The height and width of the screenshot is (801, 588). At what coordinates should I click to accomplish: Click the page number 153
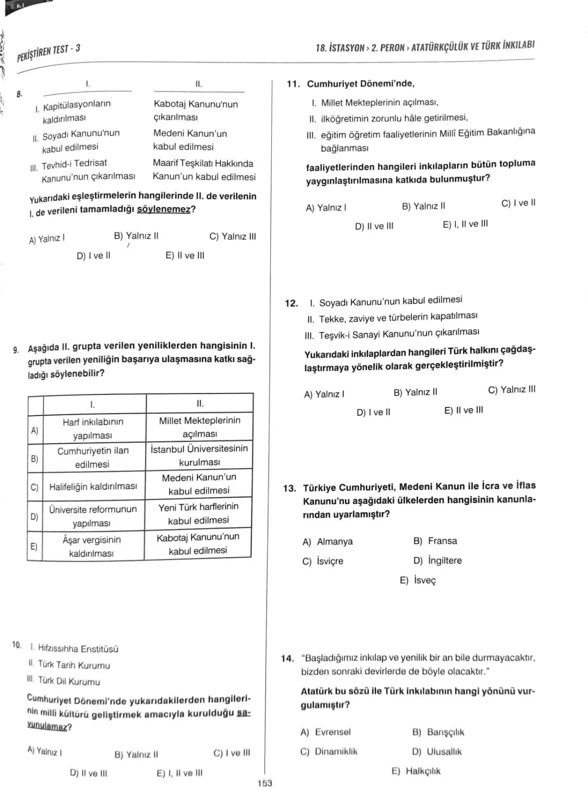[x=265, y=783]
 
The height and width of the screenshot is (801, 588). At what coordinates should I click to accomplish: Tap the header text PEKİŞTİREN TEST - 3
[x=49, y=52]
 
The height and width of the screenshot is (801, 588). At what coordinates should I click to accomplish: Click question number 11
[x=293, y=84]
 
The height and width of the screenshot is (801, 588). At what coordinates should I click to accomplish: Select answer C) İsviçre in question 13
[x=323, y=561]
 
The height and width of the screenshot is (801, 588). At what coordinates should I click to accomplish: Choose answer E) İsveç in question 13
[x=418, y=580]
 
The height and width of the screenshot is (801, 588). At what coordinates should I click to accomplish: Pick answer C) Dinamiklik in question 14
[x=329, y=751]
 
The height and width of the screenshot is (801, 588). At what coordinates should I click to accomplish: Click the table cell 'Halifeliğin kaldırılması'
[x=93, y=487]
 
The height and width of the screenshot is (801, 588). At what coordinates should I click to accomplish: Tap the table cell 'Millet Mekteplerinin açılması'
[x=199, y=427]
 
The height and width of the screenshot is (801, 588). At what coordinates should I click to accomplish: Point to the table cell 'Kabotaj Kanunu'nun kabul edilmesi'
[x=198, y=544]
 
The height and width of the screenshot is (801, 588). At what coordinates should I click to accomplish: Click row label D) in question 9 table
[x=35, y=517]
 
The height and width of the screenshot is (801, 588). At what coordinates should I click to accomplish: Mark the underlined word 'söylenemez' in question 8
[x=164, y=209]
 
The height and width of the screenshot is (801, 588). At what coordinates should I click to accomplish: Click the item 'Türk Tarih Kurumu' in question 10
[x=74, y=665]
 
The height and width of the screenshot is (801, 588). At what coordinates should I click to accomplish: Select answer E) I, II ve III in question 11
[x=465, y=224]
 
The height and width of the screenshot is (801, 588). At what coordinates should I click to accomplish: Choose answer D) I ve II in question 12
[x=373, y=413]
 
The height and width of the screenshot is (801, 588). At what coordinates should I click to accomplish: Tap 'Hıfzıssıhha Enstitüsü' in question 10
[x=78, y=649]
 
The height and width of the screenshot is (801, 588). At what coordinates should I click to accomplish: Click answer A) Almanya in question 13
[x=328, y=542]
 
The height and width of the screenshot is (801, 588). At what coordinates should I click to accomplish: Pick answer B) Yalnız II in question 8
[x=136, y=236]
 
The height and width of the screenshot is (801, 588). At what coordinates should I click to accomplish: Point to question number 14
[x=287, y=658]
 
